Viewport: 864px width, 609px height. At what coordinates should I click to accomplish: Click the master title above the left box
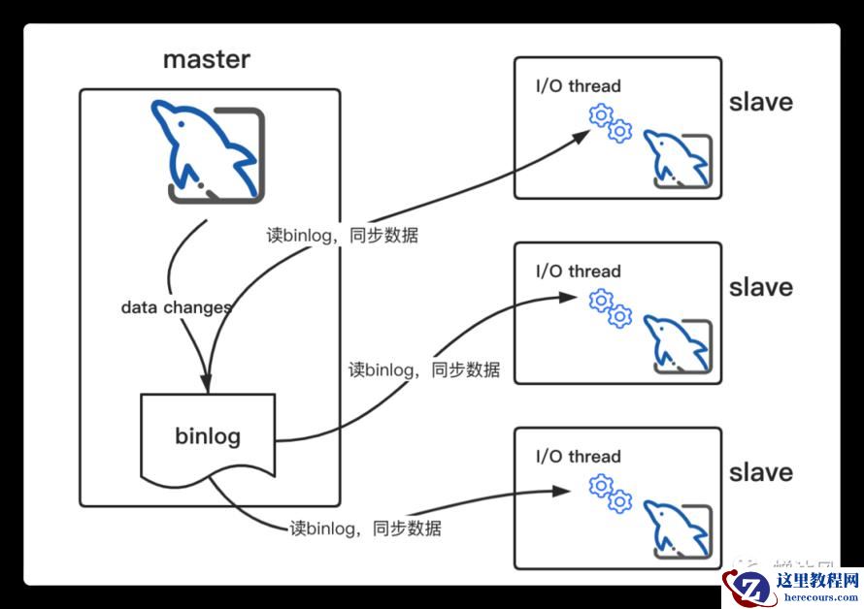[206, 59]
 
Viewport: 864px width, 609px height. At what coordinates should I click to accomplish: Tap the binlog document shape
[208, 436]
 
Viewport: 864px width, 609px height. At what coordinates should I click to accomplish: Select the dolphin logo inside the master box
[207, 151]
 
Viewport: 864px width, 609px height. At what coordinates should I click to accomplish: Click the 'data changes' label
[176, 307]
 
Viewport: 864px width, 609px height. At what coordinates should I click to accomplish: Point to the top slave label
[760, 102]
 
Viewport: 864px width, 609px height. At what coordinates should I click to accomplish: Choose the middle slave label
[760, 287]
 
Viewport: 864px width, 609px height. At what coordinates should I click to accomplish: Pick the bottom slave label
[760, 472]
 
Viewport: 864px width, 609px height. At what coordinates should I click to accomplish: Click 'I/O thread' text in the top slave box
[579, 86]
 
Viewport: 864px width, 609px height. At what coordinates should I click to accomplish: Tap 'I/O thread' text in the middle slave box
[579, 272]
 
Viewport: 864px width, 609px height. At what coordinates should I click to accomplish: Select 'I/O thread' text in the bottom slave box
[579, 457]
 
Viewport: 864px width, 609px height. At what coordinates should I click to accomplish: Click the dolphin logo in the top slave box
[678, 158]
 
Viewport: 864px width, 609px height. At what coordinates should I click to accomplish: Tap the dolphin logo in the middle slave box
[678, 343]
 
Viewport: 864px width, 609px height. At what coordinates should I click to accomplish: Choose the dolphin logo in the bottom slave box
[678, 529]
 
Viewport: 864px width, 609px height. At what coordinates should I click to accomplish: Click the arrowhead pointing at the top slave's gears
[580, 135]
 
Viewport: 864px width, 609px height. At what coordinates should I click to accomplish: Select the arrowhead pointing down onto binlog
[206, 381]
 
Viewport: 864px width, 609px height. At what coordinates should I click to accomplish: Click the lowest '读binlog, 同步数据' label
[366, 529]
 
